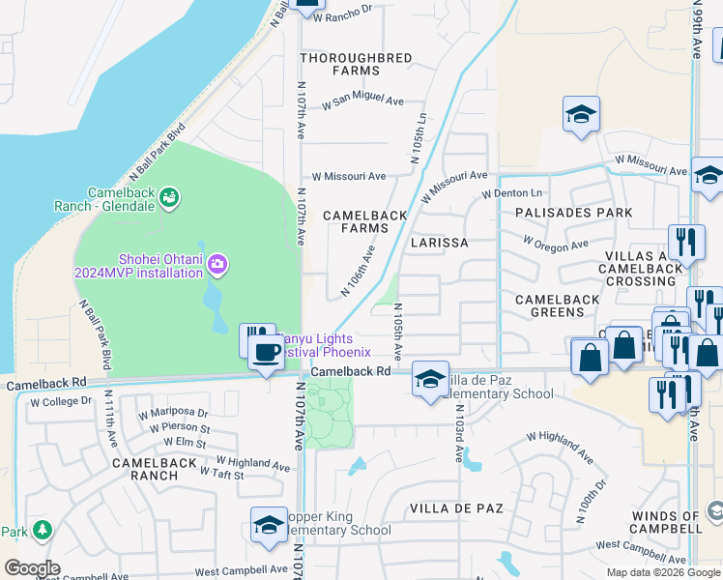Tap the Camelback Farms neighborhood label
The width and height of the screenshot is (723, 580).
point(356,221)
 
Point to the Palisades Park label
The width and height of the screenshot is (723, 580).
point(574,213)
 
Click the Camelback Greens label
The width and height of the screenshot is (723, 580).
point(558,306)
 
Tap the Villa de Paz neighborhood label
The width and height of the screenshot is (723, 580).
point(448,508)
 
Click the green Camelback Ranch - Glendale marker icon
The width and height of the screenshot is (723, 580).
point(170,198)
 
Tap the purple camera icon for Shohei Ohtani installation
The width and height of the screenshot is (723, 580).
point(217,263)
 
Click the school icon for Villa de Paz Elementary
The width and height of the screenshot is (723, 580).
point(429,379)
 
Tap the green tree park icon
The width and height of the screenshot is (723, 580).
point(42,531)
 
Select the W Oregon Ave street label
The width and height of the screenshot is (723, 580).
point(556,243)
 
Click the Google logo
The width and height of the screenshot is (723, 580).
point(33,568)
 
